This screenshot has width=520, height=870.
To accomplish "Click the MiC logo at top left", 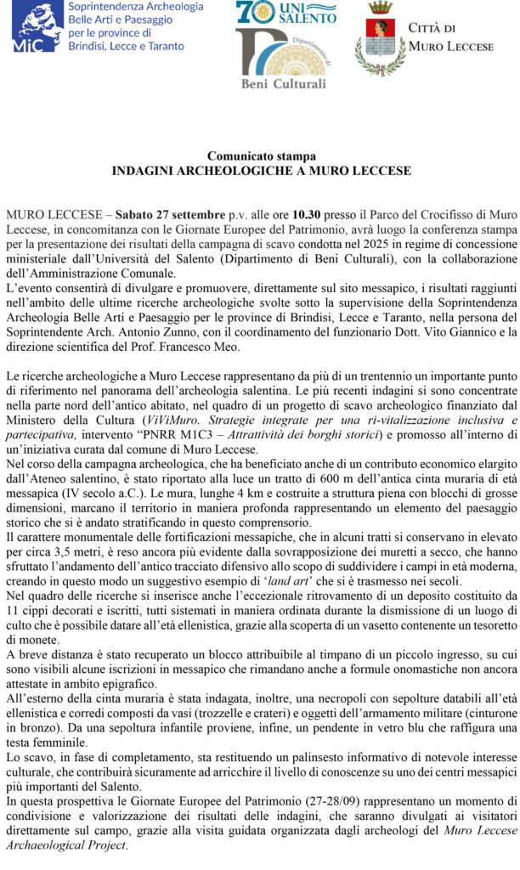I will [x=38, y=26].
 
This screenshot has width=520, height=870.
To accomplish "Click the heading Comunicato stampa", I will [x=261, y=156].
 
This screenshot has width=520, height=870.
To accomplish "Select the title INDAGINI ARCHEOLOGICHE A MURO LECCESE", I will [x=261, y=171].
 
